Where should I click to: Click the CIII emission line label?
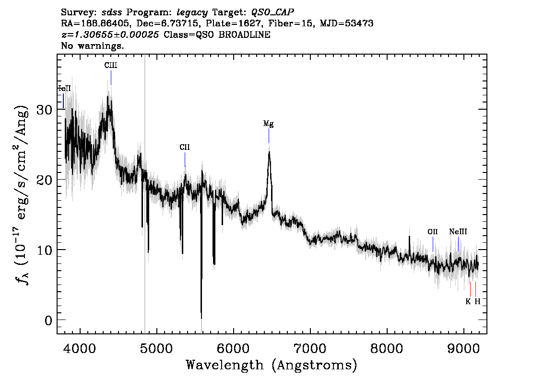point(111,65)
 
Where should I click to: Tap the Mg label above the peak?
point(268,124)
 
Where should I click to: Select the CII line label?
point(185,147)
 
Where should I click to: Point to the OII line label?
point(433,232)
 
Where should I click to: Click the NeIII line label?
point(458,232)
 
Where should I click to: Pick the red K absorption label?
point(468,301)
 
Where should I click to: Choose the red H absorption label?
point(477,301)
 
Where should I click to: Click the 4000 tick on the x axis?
point(81,348)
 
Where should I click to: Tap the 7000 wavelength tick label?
point(310,348)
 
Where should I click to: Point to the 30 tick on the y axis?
point(44,110)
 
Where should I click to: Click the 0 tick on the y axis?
point(48,320)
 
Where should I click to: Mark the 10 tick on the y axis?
point(44,250)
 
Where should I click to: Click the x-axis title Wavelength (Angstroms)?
point(272,365)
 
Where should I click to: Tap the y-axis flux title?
point(22,195)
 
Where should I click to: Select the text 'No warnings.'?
point(92,46)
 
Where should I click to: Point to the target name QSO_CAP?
point(272,12)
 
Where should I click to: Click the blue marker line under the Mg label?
point(269,136)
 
